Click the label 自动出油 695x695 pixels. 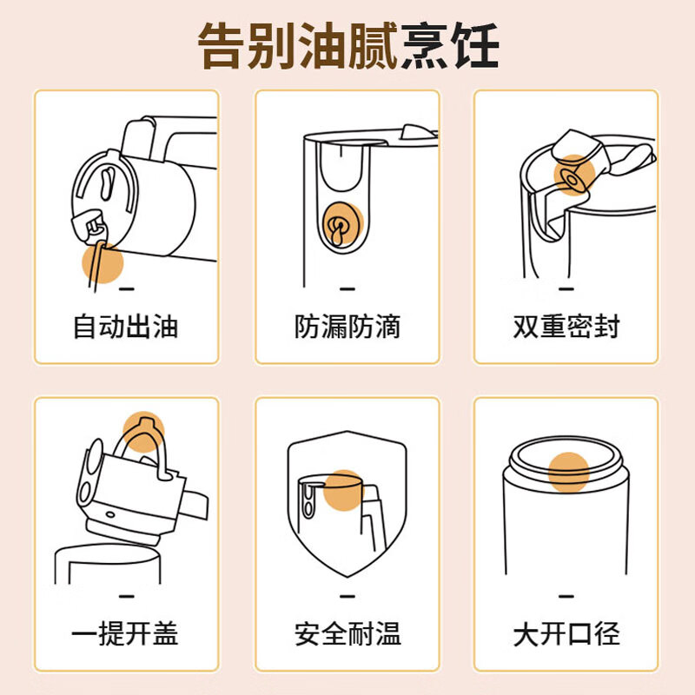(126, 328)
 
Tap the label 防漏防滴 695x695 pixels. (347, 328)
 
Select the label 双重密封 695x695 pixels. (567, 328)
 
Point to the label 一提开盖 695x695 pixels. (126, 633)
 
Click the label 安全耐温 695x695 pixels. (347, 633)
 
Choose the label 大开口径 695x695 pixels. (567, 633)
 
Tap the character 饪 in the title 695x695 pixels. (474, 45)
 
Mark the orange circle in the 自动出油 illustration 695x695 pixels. (103, 262)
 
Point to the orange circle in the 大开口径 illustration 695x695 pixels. (568, 472)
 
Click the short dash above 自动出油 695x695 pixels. (126, 289)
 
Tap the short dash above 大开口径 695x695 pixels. (567, 595)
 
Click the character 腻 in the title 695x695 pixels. (374, 45)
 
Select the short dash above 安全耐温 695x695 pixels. (347, 595)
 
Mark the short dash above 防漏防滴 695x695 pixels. (347, 289)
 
